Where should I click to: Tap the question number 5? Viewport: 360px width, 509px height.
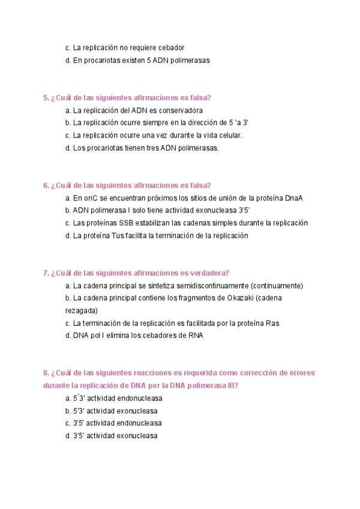click(46, 98)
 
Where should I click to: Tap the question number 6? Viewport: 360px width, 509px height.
click(46, 185)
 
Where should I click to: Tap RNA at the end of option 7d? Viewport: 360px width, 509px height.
click(195, 336)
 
